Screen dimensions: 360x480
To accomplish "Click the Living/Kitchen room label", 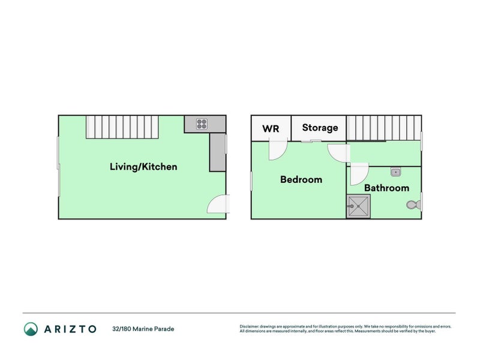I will click(143, 167).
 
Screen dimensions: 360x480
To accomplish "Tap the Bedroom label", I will click(301, 179).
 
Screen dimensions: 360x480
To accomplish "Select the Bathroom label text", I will click(386, 188).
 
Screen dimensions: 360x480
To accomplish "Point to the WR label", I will click(271, 128).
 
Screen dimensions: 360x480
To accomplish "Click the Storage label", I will click(320, 128).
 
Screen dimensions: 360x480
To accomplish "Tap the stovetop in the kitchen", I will click(202, 124).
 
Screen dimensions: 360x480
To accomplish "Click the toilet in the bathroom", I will click(413, 205).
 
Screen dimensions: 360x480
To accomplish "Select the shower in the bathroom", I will click(358, 206).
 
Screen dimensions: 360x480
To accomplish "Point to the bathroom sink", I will click(395, 173).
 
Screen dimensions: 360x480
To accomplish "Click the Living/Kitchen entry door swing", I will click(218, 205).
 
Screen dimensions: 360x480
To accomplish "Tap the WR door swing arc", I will click(278, 149).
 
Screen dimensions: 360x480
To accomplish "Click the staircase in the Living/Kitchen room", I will click(122, 127).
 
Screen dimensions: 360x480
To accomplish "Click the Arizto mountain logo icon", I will click(31, 328).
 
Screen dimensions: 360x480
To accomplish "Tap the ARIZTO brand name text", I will click(69, 329).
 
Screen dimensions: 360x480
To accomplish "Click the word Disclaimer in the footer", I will click(249, 326).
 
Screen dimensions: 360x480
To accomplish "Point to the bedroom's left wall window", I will click(251, 181).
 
